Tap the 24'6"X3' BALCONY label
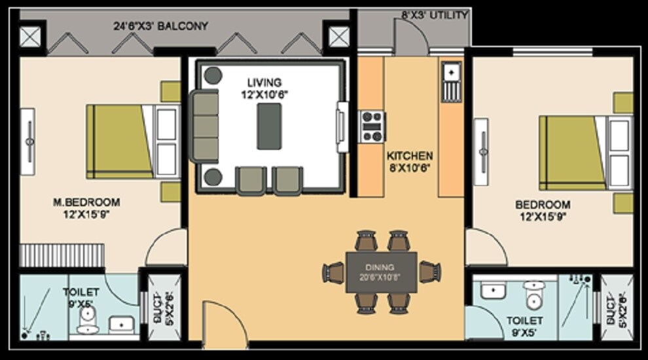(160, 27)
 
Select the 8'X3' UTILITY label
(435, 14)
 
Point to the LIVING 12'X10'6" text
(264, 88)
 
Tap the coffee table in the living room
(269, 126)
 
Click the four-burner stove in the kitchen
(372, 126)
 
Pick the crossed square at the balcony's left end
(29, 36)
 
